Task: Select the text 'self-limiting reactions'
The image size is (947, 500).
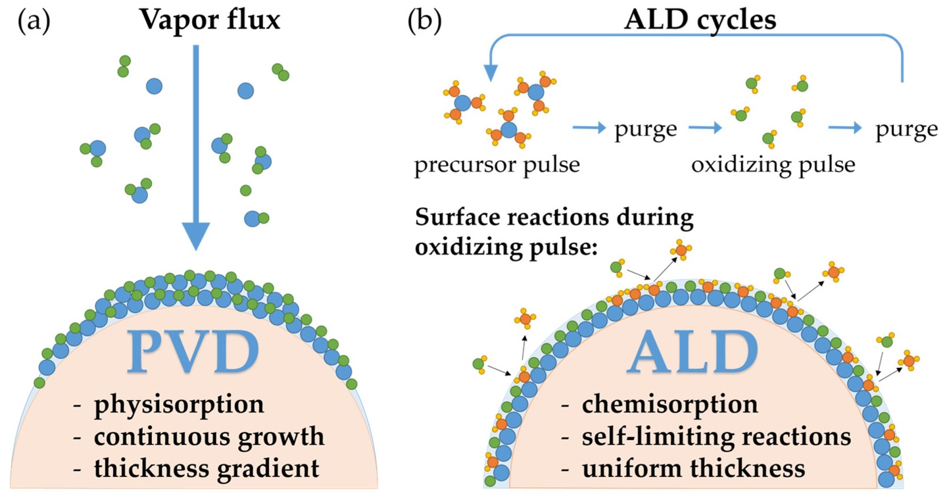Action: tap(716, 436)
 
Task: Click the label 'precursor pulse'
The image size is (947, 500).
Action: tap(497, 164)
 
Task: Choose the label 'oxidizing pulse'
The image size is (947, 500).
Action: tap(773, 164)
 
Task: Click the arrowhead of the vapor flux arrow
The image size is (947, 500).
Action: tap(195, 238)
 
